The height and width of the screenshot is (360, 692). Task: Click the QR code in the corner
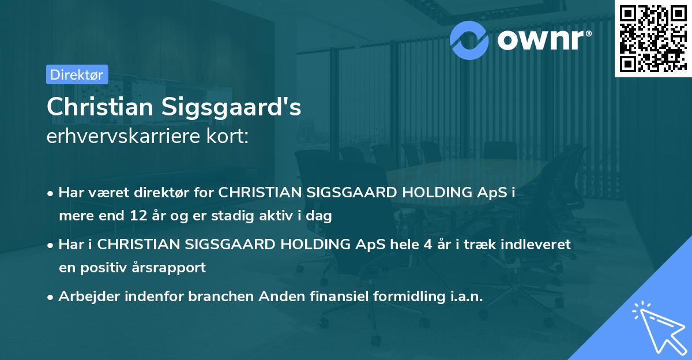click(653, 39)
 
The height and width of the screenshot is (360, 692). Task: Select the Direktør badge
click(77, 74)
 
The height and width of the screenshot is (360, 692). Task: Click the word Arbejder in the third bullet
click(86, 296)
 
